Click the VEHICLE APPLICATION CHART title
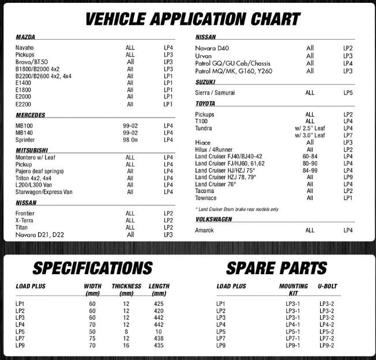192,18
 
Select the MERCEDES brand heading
30,115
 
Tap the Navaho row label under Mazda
24,47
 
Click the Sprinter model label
25,140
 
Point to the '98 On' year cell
130,140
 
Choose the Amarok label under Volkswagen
204,230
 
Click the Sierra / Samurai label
215,92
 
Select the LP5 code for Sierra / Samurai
348,92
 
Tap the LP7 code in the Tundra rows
348,135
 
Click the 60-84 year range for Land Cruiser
310,156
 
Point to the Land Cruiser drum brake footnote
237,209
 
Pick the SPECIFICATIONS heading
92,268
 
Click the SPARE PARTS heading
276,268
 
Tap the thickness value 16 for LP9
126,346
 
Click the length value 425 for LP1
159,304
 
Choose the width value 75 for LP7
92,339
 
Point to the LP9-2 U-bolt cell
327,346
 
